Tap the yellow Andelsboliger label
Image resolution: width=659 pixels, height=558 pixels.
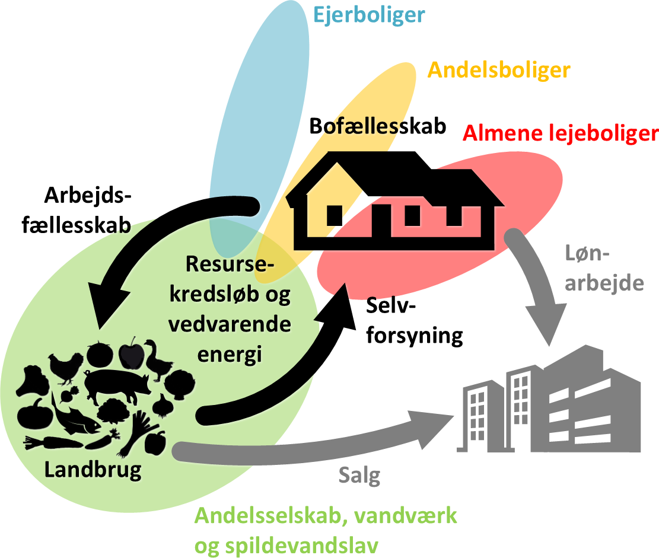click(499, 70)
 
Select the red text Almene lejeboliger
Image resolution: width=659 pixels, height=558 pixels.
click(561, 133)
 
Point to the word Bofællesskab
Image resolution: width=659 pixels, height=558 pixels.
click(377, 126)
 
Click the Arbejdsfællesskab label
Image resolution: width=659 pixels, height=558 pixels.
click(88, 210)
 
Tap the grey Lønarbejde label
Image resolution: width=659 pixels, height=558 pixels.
click(604, 270)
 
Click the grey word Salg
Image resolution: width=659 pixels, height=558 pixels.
click(359, 476)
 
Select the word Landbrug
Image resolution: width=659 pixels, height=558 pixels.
click(94, 470)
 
